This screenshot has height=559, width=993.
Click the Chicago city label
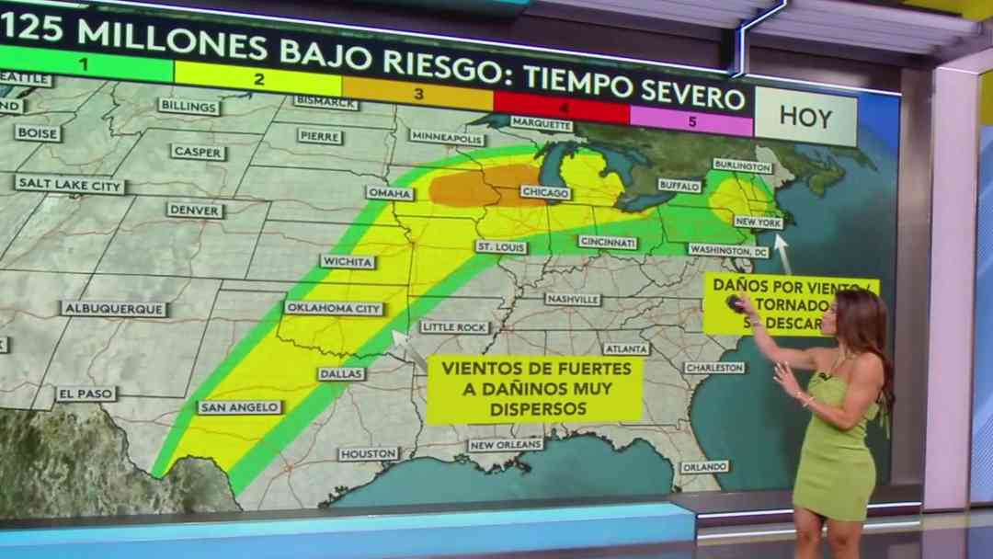545,192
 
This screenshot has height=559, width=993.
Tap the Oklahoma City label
334,308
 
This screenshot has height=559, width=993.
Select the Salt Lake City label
70,184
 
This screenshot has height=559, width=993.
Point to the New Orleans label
506,445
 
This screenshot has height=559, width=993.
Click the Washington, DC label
728,250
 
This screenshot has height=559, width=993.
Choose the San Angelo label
227,407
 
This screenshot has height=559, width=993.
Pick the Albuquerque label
113,309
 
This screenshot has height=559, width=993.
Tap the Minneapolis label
447,138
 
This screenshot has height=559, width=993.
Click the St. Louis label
501,246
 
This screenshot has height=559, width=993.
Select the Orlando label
704,467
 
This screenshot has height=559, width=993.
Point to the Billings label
188,106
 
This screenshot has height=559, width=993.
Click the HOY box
805,118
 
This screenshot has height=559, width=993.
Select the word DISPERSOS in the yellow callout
534,408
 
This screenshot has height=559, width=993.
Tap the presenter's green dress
834,460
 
